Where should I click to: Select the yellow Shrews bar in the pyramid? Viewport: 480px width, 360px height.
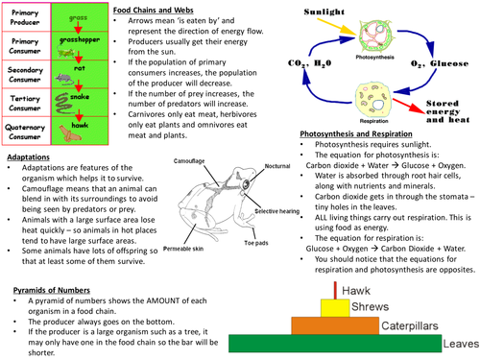coord(332,306)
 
